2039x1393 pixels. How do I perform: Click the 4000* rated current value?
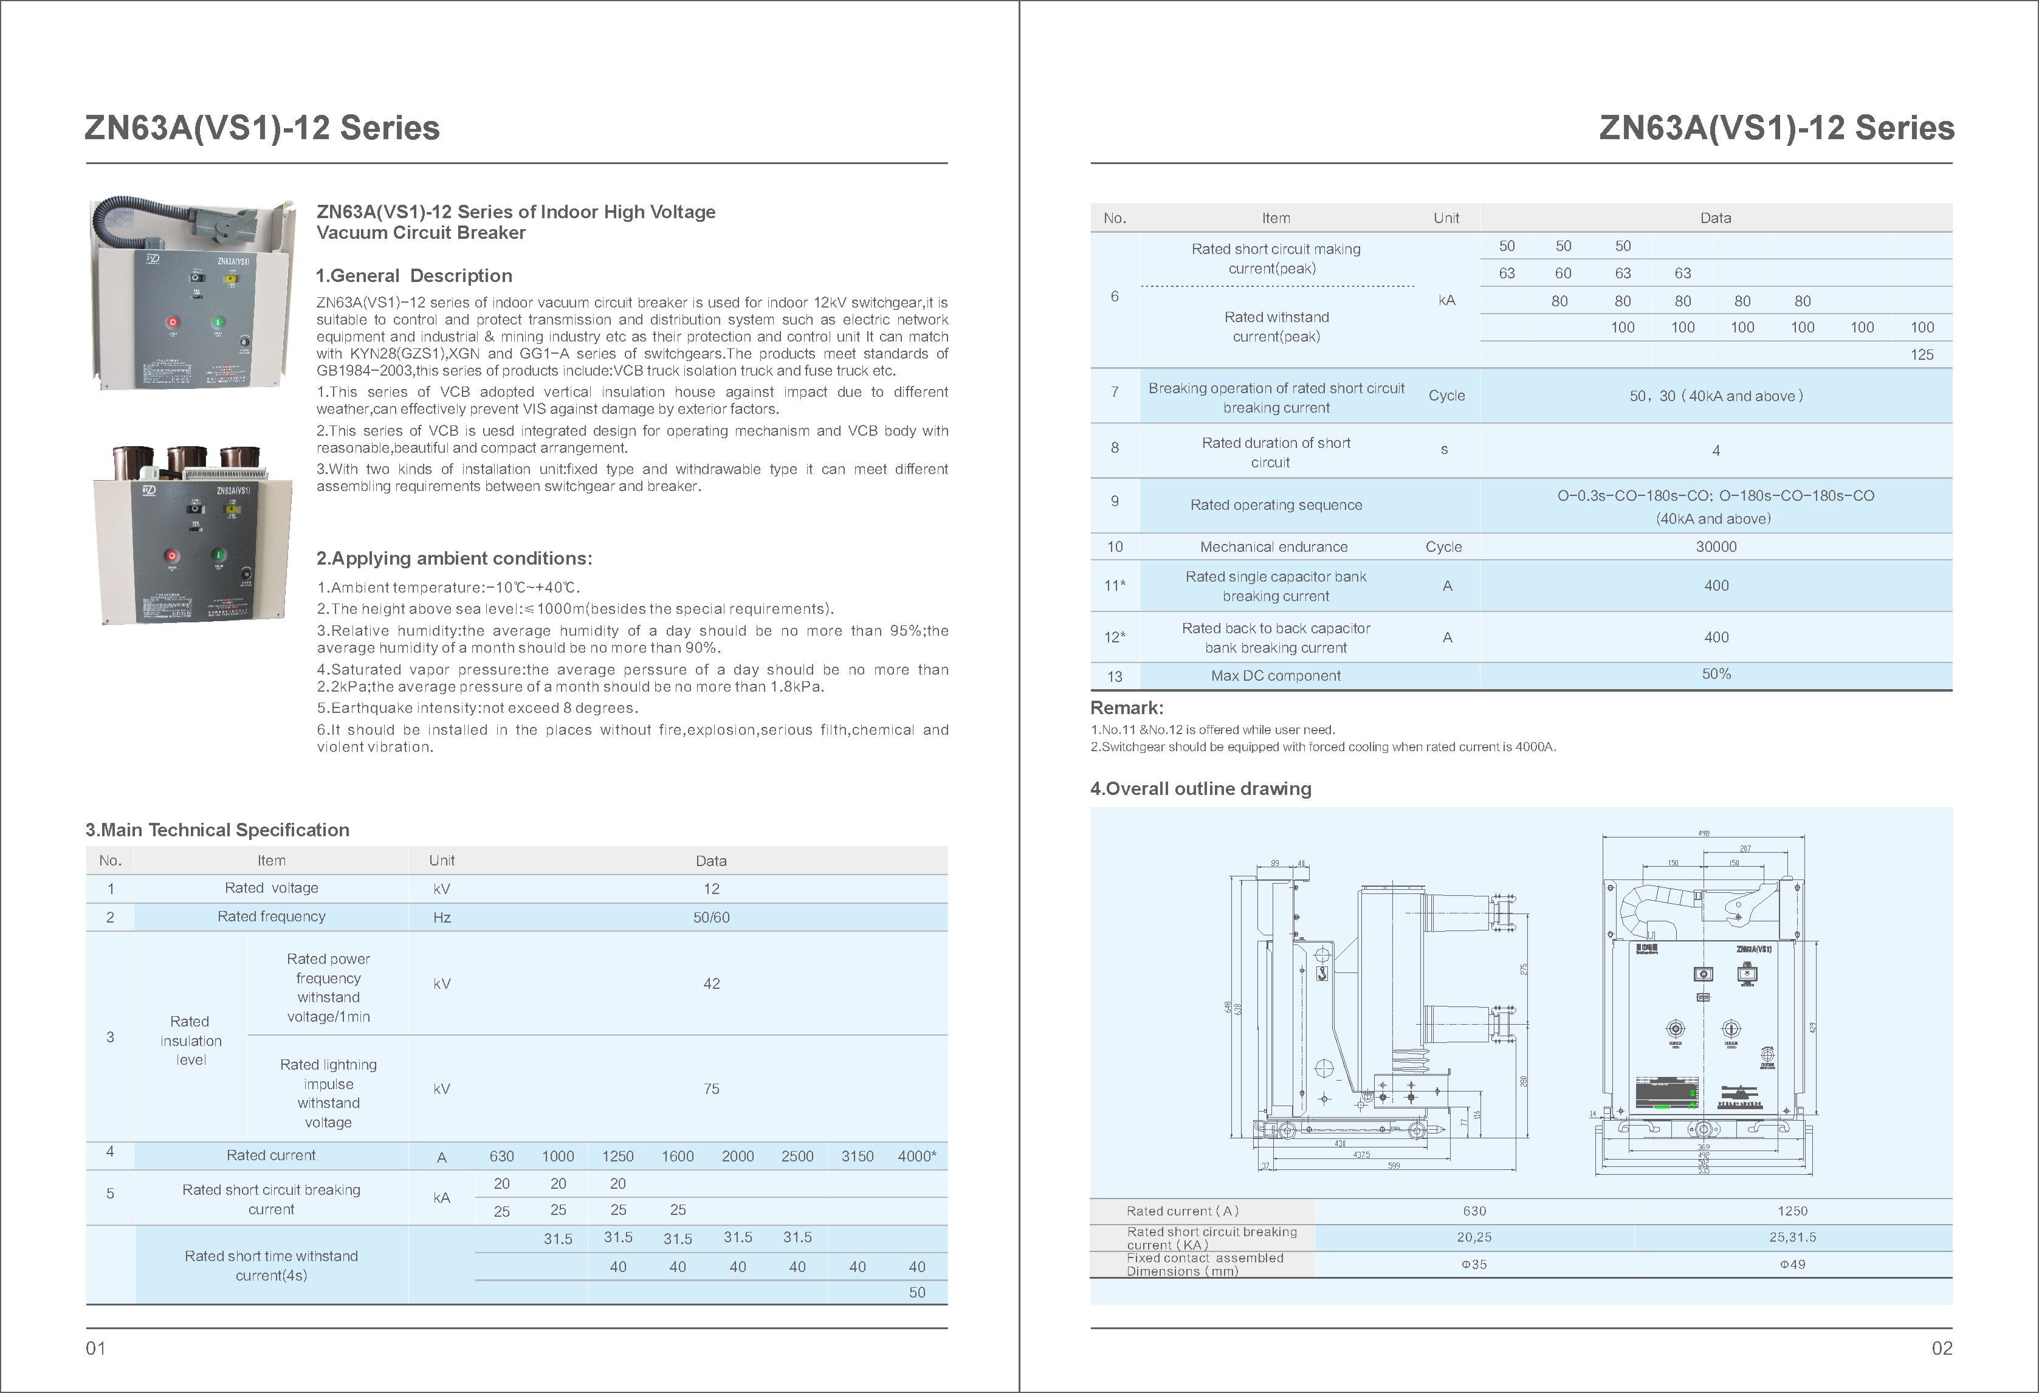pos(916,1156)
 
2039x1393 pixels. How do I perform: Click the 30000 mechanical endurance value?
pos(1715,546)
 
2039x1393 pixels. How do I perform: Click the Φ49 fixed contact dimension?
pos(1792,1264)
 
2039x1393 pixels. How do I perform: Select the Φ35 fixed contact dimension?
pos(1474,1264)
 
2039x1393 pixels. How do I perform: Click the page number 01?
pos(95,1348)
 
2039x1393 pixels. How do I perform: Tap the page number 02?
pos(1942,1348)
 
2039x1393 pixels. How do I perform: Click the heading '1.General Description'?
pos(413,275)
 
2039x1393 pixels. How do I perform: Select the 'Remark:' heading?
pos(1127,708)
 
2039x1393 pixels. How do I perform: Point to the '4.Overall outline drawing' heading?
pos(1200,789)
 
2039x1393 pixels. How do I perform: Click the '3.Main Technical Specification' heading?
pos(217,830)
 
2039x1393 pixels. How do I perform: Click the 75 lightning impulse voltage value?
pos(710,1089)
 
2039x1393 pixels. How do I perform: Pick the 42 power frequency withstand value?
pos(710,984)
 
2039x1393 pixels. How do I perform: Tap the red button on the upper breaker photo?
pos(173,322)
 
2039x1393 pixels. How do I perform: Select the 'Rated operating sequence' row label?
pos(1276,505)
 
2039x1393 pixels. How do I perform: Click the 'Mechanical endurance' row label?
pos(1273,546)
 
